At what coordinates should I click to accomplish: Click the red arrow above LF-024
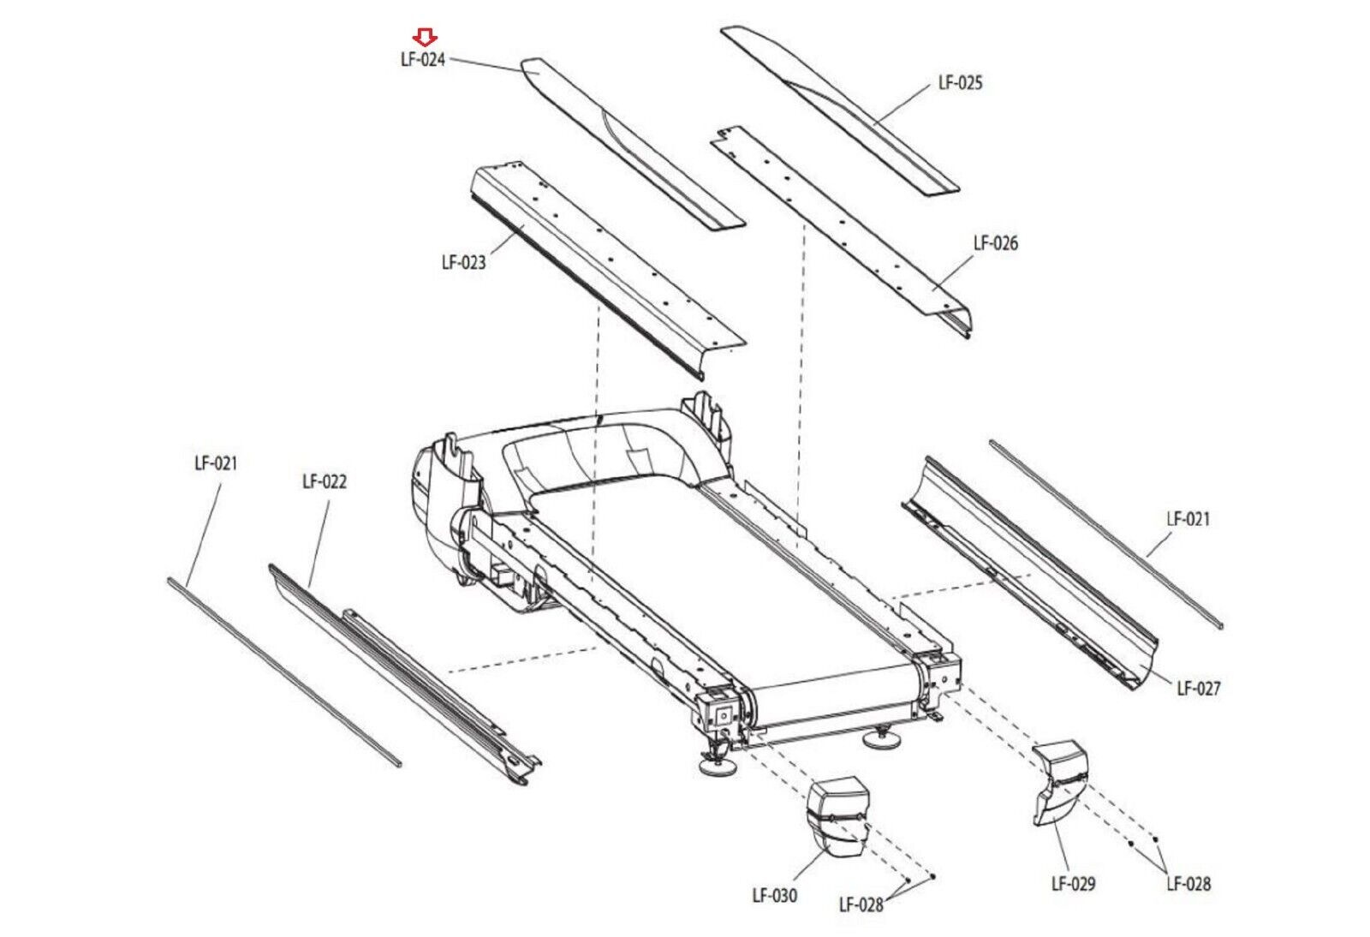click(x=426, y=37)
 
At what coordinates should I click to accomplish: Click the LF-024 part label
click(x=423, y=60)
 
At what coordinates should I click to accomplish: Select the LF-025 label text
click(x=960, y=83)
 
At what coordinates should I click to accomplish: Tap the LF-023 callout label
click(x=463, y=263)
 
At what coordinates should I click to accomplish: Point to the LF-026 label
click(x=996, y=243)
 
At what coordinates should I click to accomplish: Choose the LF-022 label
click(x=325, y=482)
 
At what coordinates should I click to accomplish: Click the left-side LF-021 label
click(x=216, y=463)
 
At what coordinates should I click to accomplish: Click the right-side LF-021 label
click(x=1188, y=519)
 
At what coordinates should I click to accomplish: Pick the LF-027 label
click(x=1199, y=689)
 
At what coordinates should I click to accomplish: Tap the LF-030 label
click(x=774, y=896)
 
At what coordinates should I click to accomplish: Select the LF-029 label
click(x=1073, y=884)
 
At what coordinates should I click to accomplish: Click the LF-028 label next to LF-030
click(x=861, y=905)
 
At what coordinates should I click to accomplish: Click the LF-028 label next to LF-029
click(x=1188, y=884)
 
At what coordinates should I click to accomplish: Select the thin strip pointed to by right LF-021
click(x=1105, y=532)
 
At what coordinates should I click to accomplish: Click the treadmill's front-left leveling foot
click(x=718, y=763)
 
